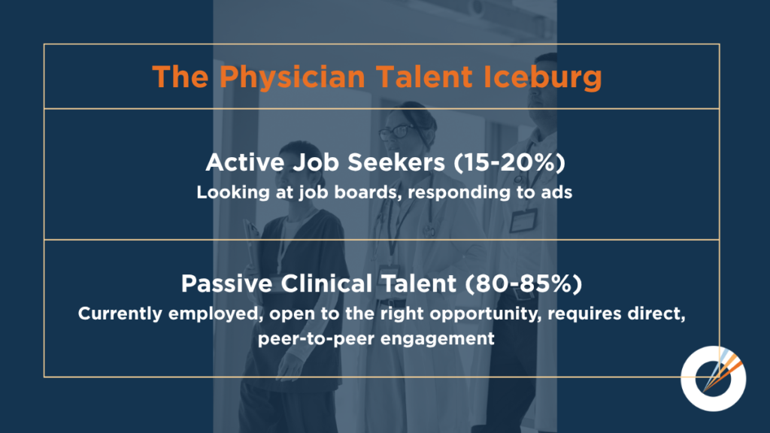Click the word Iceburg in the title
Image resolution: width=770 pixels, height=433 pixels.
543,77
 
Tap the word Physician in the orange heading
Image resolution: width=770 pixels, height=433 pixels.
293,77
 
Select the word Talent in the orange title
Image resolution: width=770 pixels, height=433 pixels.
424,77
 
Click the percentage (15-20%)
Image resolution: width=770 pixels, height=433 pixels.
509,162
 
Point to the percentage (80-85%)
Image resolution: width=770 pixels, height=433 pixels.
523,283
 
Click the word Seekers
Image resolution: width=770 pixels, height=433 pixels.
396,162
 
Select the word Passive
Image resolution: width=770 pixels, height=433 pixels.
226,283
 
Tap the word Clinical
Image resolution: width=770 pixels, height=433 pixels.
326,283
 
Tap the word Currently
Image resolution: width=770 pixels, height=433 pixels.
120,313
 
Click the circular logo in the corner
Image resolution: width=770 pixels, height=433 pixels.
714,379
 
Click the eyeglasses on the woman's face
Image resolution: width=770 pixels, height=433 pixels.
397,131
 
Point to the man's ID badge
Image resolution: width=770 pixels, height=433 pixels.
523,220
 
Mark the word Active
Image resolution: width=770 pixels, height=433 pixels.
244,162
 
